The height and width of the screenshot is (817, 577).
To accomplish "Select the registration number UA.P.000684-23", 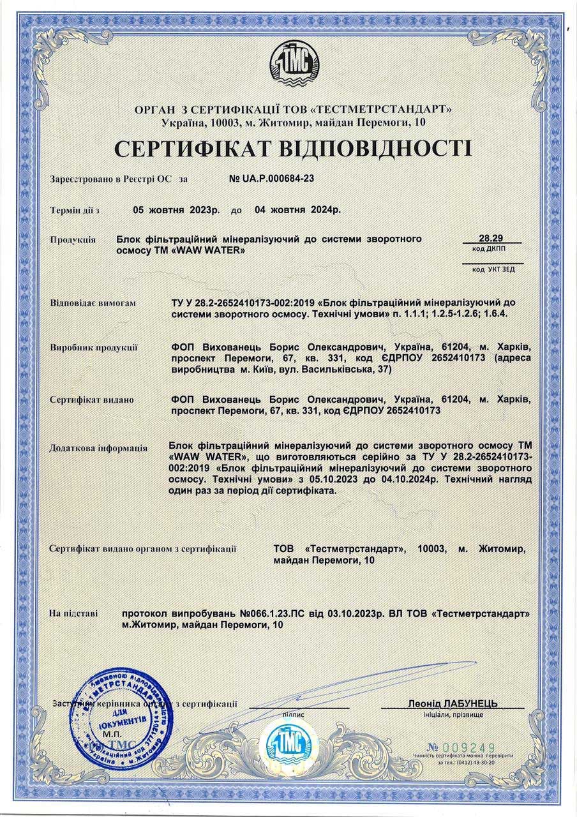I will click(271, 179).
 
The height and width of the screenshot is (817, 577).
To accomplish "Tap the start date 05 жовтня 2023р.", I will click(176, 209).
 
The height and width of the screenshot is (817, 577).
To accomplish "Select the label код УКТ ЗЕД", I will click(493, 269).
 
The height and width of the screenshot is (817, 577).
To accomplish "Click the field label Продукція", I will click(73, 240).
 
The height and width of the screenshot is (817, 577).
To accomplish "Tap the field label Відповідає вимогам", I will click(93, 303).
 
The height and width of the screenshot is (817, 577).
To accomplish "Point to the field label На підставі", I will click(74, 614).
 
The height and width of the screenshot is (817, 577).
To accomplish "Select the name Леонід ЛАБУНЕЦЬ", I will click(453, 703).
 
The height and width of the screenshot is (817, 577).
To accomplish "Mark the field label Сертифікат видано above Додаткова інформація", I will click(92, 400).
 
